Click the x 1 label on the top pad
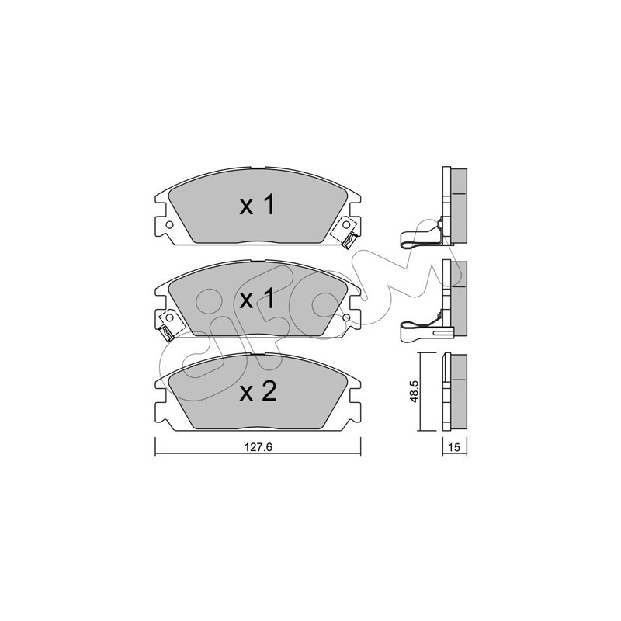(257, 206)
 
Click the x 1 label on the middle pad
(257, 299)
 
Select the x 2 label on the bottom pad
(258, 392)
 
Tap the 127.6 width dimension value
(258, 447)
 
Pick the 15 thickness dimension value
(454, 447)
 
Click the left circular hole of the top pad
(169, 224)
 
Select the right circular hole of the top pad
(346, 224)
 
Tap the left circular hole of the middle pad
(169, 317)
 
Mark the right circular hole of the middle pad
(346, 317)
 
